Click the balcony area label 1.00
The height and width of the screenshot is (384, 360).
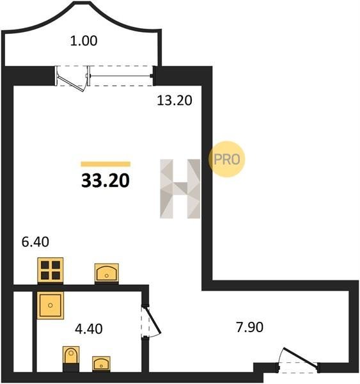pos(84,41)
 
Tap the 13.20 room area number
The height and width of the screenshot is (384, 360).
pos(175,100)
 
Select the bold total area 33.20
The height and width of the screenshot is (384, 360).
pos(106,180)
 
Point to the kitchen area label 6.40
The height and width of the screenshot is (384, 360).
pos(35,242)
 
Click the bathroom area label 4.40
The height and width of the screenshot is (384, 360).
pos(89,329)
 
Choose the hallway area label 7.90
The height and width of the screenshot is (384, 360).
pos(249,328)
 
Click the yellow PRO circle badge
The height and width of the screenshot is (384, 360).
pos(227,159)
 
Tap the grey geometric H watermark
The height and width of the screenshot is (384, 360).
pos(180,189)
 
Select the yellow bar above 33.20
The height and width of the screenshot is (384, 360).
pos(106,164)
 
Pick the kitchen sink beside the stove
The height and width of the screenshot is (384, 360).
pos(107,273)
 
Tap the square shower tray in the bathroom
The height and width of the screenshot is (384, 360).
pos(51,305)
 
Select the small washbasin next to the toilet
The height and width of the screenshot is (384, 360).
pos(101,364)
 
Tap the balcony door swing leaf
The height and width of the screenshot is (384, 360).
pos(71,83)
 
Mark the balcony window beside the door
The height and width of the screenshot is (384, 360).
pos(120,76)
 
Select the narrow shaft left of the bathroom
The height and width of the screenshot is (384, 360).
pos(23,332)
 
